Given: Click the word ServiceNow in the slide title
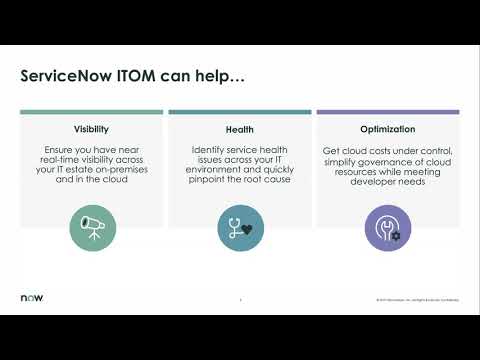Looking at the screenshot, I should point(69,77).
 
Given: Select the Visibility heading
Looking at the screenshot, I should point(91,130).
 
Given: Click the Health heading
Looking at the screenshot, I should point(239,130).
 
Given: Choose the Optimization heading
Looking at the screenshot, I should point(387,130).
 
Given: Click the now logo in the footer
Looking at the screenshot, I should point(32,298).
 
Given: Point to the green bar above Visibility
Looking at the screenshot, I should point(91,112).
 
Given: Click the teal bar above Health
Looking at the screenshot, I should point(239,112).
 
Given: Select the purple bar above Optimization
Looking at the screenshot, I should point(387,112).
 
